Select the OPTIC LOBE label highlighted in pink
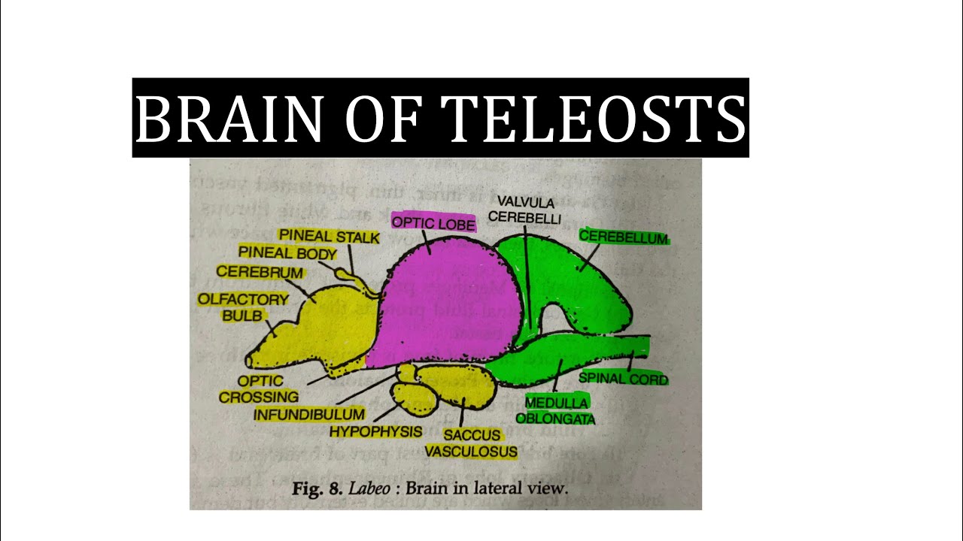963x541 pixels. pyautogui.click(x=434, y=223)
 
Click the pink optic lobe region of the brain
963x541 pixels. pyautogui.click(x=444, y=301)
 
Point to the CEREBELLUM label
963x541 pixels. pyautogui.click(x=623, y=237)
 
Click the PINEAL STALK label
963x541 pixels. pyautogui.click(x=329, y=237)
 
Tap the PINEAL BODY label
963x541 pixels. pyautogui.click(x=287, y=253)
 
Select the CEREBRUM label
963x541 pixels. pyautogui.click(x=260, y=272)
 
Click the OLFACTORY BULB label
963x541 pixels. pyautogui.click(x=243, y=307)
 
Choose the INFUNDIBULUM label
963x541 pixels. pyautogui.click(x=309, y=414)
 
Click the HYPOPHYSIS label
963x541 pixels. pyautogui.click(x=375, y=431)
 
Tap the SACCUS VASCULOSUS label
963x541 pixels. pyautogui.click(x=472, y=443)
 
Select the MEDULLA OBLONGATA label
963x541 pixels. pyautogui.click(x=557, y=410)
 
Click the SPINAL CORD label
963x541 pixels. pyautogui.click(x=623, y=379)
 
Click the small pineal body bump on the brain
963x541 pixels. pyautogui.click(x=345, y=275)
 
